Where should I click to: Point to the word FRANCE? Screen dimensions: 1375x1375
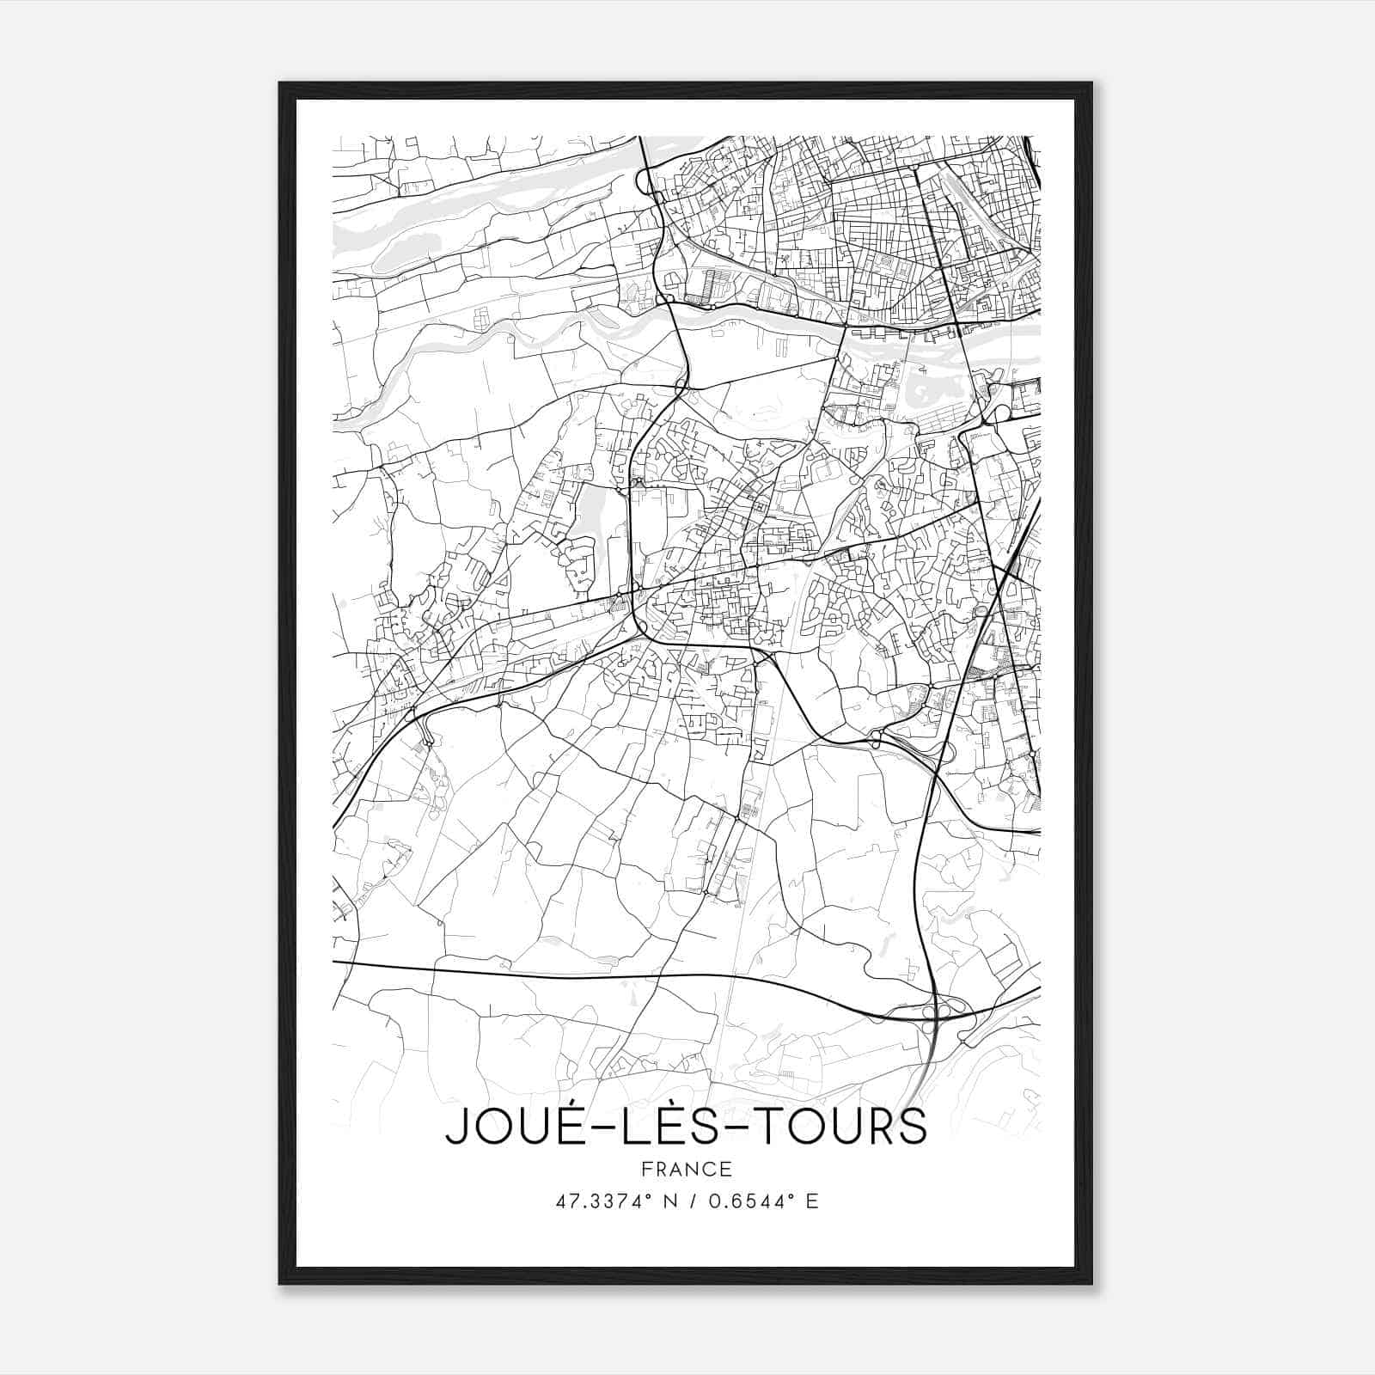pos(686,1169)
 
